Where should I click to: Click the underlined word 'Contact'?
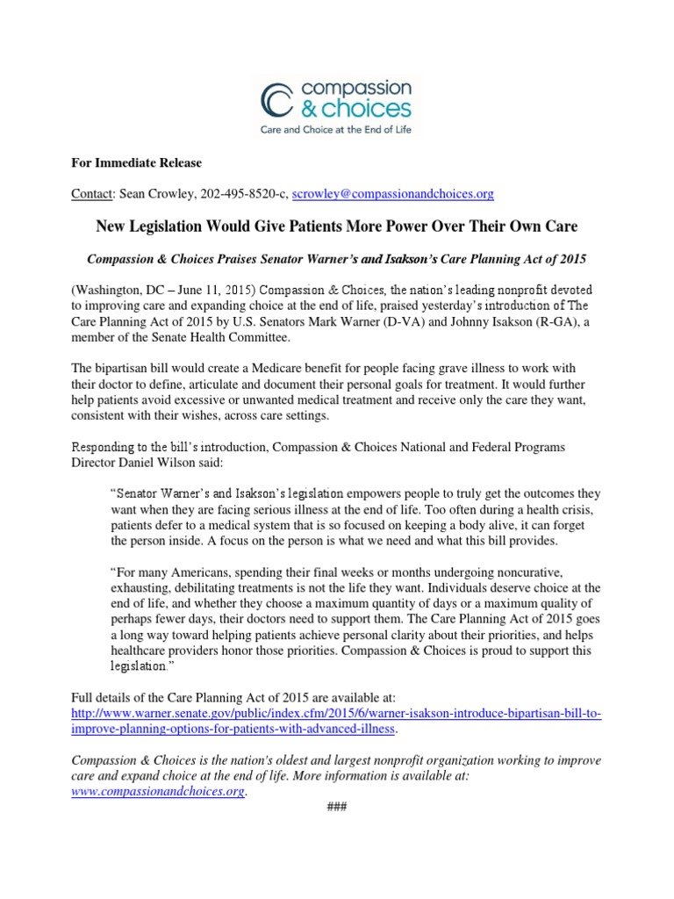click(x=91, y=193)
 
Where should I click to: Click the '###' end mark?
click(x=336, y=807)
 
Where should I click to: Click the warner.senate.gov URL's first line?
click(x=337, y=712)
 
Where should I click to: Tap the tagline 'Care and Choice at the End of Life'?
click(x=337, y=129)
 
